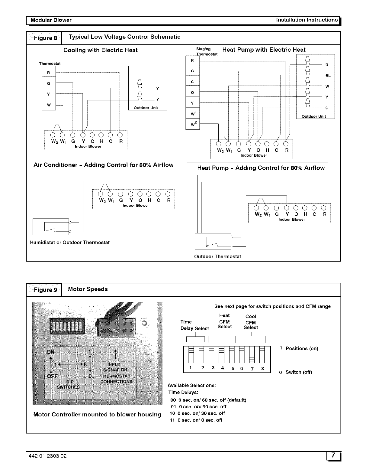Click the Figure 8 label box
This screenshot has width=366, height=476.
(x=44, y=38)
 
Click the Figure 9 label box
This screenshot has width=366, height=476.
(x=44, y=290)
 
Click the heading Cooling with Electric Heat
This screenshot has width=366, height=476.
(x=101, y=50)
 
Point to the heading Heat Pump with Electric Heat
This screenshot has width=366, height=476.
(x=264, y=50)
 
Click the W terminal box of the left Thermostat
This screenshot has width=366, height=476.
(x=49, y=105)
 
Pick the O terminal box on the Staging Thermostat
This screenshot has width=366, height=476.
(x=192, y=93)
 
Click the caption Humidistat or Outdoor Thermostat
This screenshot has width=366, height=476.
(x=70, y=243)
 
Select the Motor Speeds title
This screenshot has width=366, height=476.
(x=88, y=289)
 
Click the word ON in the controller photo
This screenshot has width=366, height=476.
(x=50, y=352)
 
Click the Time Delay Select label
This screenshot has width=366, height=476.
(x=194, y=325)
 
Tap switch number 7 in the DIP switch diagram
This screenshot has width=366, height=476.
(x=252, y=368)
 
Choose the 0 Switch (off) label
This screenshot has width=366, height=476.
(x=295, y=372)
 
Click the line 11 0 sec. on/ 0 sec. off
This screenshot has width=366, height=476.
(x=196, y=420)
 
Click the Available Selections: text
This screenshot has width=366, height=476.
(x=192, y=385)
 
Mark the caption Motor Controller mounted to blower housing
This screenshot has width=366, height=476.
(x=97, y=414)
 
